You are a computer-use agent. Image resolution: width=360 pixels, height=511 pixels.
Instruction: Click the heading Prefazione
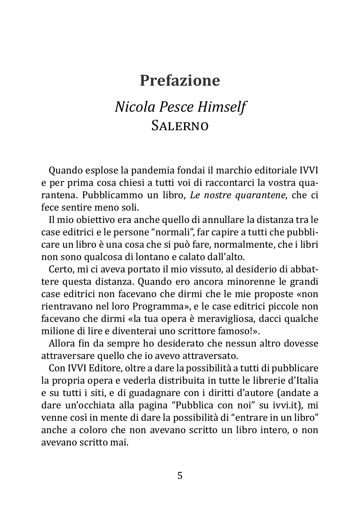coord(180,80)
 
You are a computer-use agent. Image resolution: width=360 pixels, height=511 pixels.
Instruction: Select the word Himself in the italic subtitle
coord(222,107)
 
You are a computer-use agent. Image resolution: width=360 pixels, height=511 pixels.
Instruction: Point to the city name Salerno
coord(180,125)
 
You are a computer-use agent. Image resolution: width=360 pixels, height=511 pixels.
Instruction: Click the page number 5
coord(180,476)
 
